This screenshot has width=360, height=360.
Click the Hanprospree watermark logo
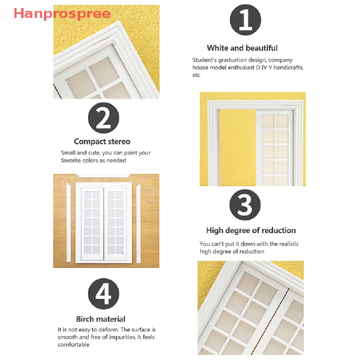62,14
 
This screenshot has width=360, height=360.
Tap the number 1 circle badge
245,20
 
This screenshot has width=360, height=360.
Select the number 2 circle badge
103,118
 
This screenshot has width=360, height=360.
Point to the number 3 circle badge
245,205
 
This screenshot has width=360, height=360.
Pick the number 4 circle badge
103,294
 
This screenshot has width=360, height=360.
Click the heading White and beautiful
242,48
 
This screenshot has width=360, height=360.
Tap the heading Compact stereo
102,141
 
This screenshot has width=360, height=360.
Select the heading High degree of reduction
251,230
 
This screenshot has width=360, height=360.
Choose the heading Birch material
101,319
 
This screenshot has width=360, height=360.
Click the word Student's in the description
204,60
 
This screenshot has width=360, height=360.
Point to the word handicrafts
288,67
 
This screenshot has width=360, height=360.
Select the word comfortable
73,345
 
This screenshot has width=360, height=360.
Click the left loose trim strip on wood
68,223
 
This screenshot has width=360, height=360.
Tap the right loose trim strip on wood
138,223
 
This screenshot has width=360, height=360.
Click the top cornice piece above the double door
103,175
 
